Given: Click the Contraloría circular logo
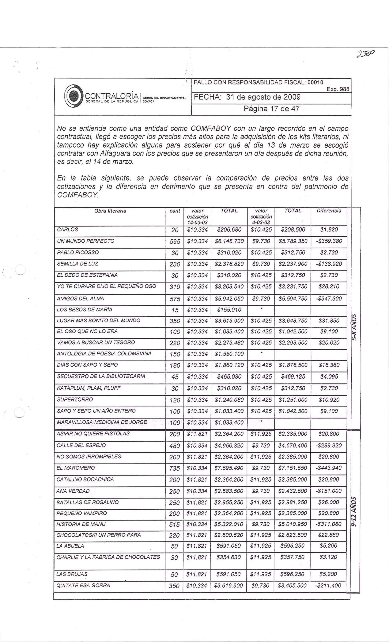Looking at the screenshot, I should point(73,96).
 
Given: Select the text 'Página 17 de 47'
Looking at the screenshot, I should point(271,109).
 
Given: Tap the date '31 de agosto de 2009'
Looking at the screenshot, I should point(263,97).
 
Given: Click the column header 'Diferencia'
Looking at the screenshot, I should point(329,211).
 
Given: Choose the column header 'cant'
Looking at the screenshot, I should point(175,211).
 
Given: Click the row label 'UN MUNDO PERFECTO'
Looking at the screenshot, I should point(85,241).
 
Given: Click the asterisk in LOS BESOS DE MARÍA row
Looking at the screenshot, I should point(261,309).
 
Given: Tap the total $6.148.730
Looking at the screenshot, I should point(229,242).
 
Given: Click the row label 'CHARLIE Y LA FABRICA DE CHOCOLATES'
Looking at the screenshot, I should point(108,557).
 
